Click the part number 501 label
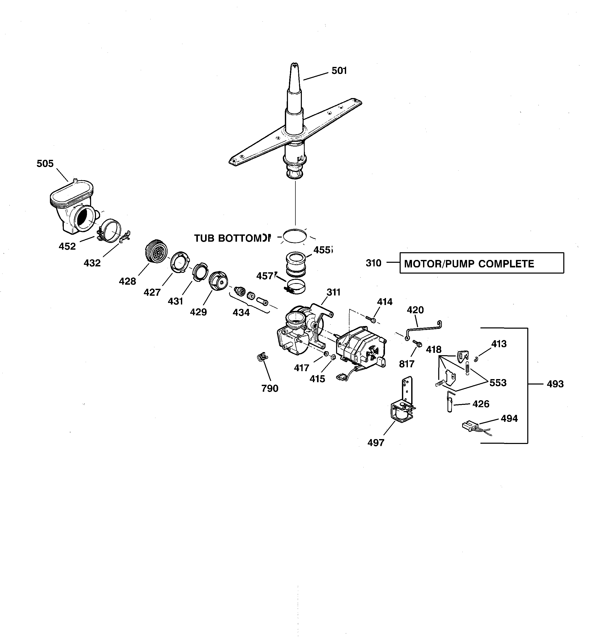click(339, 71)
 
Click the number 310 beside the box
click(373, 263)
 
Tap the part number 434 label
click(241, 312)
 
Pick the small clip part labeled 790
click(262, 357)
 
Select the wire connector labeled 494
click(469, 426)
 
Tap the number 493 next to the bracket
click(555, 384)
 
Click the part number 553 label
click(498, 382)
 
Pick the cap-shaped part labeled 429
click(218, 281)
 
